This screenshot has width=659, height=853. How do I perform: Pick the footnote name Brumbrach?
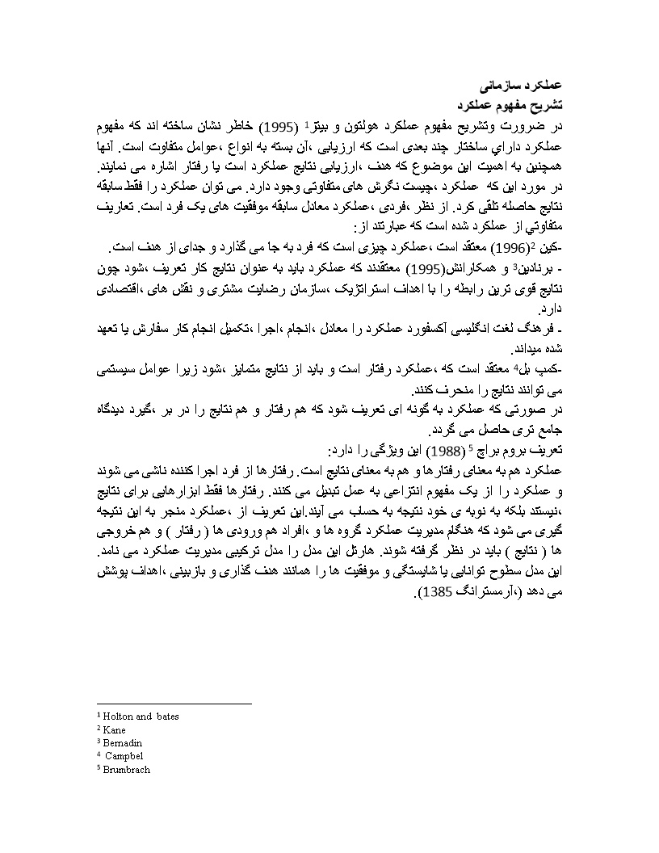click(x=126, y=770)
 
